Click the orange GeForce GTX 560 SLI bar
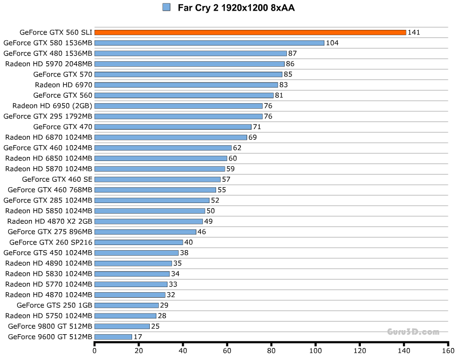click(x=250, y=32)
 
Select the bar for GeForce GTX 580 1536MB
click(x=209, y=43)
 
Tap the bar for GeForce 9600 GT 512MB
click(x=113, y=337)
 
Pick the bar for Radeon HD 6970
click(x=186, y=85)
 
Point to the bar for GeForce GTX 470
click(x=173, y=127)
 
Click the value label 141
click(x=414, y=32)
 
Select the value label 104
click(x=332, y=43)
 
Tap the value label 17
click(x=138, y=337)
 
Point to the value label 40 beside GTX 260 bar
click(x=189, y=243)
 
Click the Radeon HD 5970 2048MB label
click(x=49, y=64)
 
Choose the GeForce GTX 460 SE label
click(x=57, y=179)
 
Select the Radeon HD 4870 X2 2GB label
click(x=50, y=221)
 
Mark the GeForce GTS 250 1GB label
click(x=54, y=305)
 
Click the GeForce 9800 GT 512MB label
click(x=50, y=326)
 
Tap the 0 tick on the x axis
click(x=95, y=350)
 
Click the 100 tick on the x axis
click(x=316, y=350)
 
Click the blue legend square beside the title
click(x=166, y=7)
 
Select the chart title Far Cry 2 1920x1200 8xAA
click(x=236, y=8)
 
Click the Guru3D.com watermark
click(x=413, y=332)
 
